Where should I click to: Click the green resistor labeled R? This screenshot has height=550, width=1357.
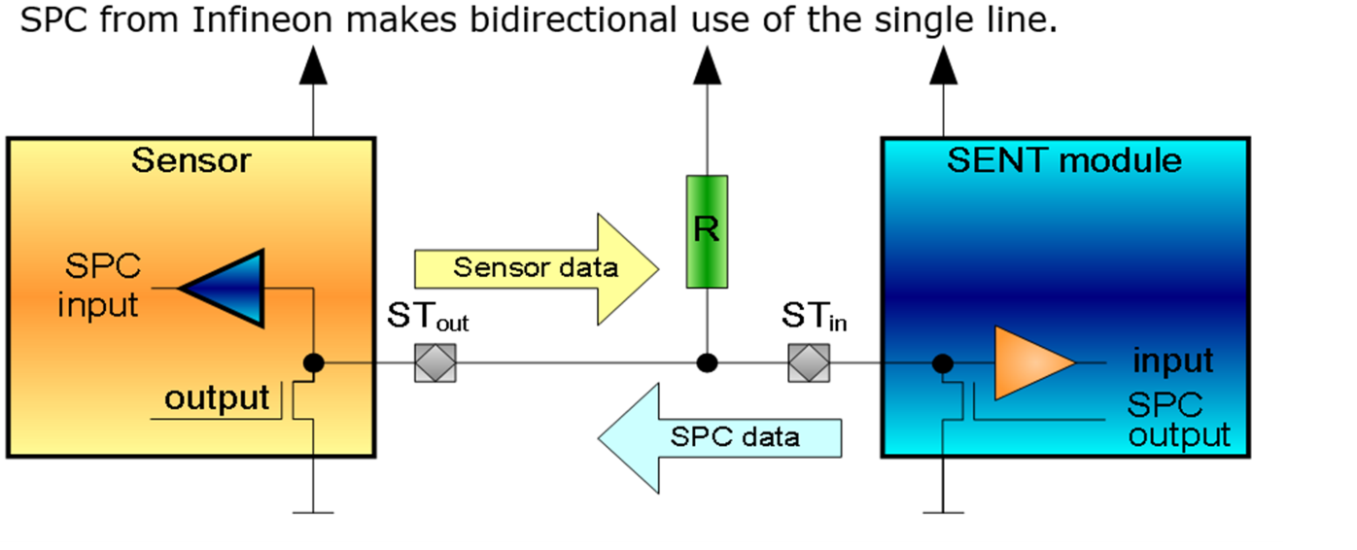(x=707, y=231)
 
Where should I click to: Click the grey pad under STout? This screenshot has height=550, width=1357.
(x=435, y=363)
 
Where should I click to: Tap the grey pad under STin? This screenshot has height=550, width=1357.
(x=809, y=363)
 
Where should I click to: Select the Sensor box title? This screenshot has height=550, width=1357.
(x=191, y=160)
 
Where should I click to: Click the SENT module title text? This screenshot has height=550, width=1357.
(x=1064, y=160)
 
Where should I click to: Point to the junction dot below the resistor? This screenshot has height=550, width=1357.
(x=708, y=363)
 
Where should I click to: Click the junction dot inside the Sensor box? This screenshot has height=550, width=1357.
(x=313, y=363)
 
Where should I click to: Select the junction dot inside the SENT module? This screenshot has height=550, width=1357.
(x=941, y=363)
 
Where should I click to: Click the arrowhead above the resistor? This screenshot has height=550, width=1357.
(x=708, y=65)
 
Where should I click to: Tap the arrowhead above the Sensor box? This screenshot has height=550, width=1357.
(x=313, y=65)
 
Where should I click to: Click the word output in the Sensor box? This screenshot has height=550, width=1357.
(x=216, y=398)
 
